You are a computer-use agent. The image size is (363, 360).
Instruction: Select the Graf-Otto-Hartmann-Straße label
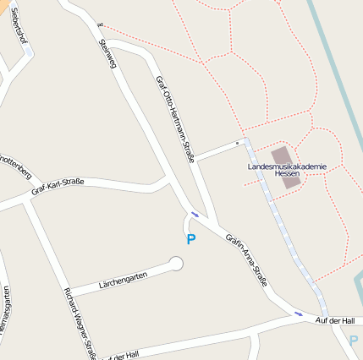[x=175, y=118]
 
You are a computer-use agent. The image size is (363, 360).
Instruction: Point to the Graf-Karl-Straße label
[x=58, y=186]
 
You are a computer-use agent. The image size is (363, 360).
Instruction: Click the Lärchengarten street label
[x=124, y=276]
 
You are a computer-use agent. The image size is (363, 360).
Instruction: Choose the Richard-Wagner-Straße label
[x=81, y=324]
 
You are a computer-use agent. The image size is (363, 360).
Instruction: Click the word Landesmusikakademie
[x=286, y=167]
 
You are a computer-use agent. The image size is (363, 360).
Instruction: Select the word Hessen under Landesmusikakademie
[x=287, y=175]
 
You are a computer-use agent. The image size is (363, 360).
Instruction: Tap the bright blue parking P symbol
[x=191, y=239]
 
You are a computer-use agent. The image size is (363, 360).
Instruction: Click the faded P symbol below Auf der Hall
[x=354, y=340]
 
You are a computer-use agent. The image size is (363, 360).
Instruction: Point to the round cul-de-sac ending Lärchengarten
[x=176, y=265]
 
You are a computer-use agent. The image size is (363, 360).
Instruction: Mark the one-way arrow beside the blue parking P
[x=195, y=215]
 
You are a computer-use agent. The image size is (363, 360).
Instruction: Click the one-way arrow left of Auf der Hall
[x=298, y=314]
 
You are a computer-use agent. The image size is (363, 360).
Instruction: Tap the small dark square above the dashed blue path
[x=238, y=143]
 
